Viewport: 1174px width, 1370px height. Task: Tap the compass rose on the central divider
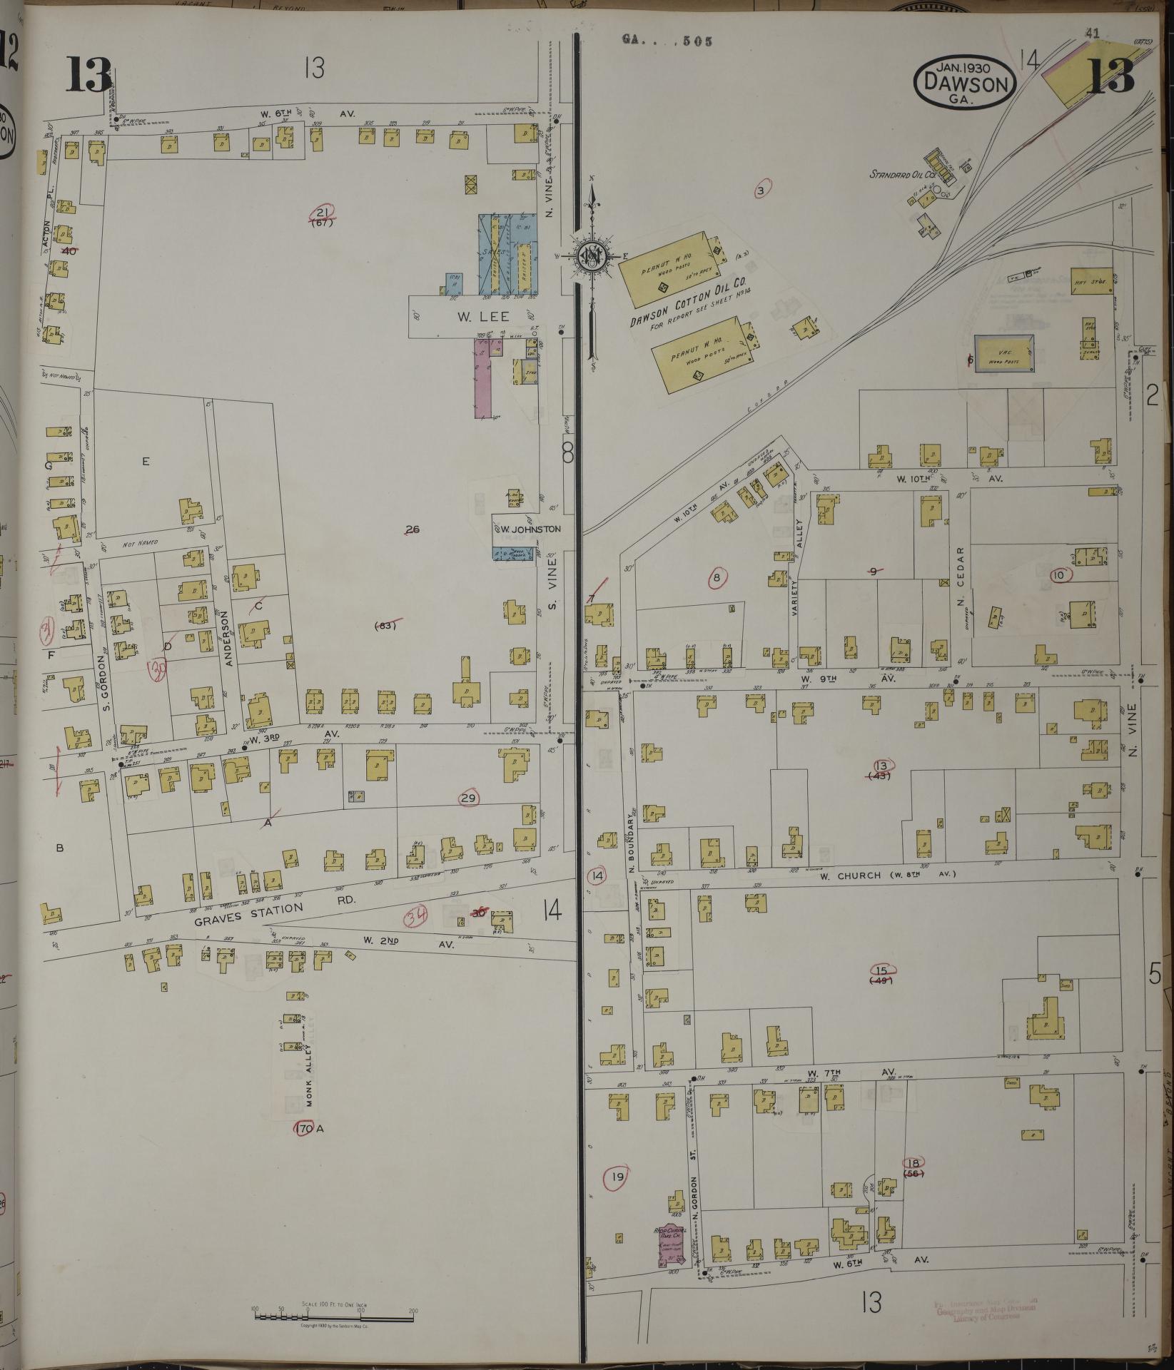(x=591, y=255)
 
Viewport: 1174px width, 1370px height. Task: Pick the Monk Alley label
(x=310, y=1085)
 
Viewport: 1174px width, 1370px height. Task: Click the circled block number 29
(x=468, y=798)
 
